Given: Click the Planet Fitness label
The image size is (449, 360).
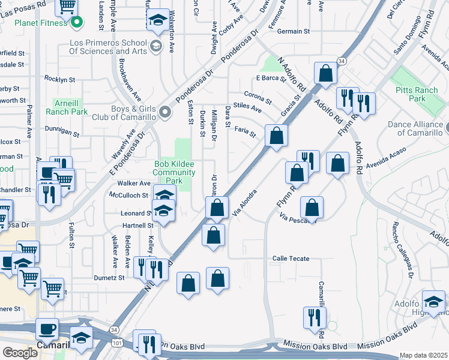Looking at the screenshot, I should pyautogui.click(x=32, y=24).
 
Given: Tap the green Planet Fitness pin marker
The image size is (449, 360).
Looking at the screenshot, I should pyautogui.click(x=76, y=24).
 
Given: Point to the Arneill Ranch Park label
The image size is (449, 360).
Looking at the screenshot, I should pyautogui.click(x=70, y=107).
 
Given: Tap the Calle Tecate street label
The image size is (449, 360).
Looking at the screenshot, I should pyautogui.click(x=291, y=259).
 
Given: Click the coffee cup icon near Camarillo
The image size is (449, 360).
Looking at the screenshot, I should pyautogui.click(x=47, y=329).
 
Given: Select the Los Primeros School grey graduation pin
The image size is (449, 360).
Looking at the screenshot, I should pyautogui.click(x=155, y=46).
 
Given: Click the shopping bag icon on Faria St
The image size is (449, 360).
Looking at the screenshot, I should pyautogui.click(x=276, y=135).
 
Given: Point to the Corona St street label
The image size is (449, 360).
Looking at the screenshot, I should pyautogui.click(x=258, y=96).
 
